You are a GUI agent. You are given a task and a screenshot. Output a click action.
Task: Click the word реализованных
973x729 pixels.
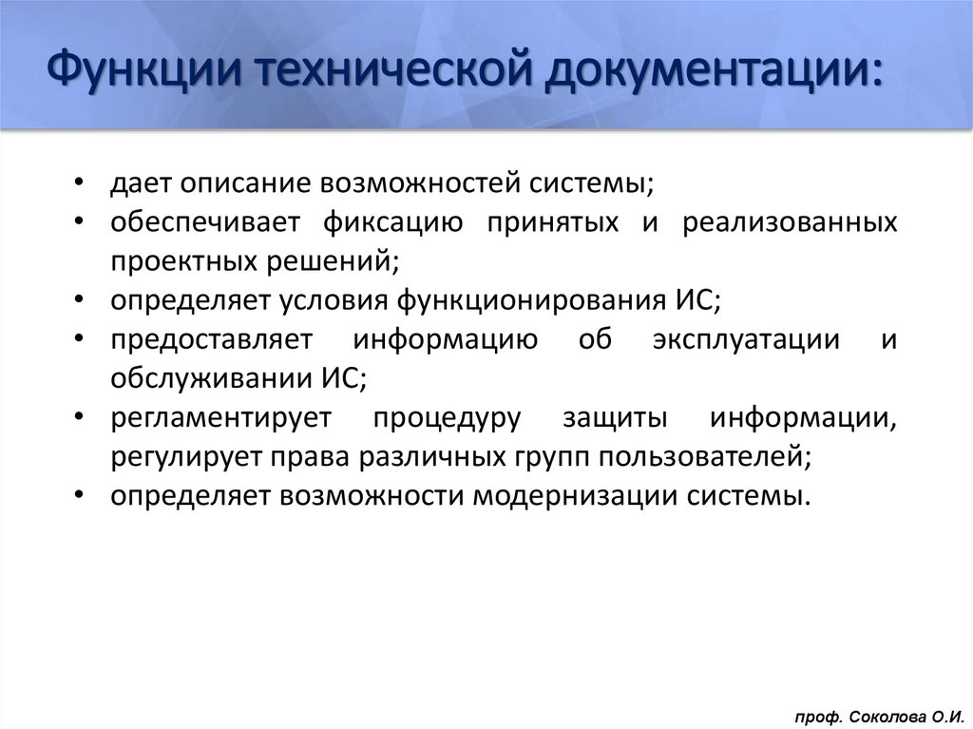click(789, 222)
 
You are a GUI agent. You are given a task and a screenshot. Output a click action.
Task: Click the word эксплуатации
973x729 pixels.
click(746, 339)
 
